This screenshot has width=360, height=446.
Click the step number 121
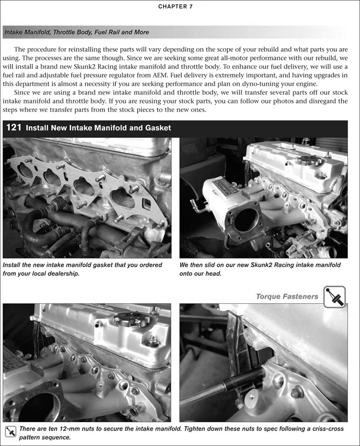click(x=14, y=128)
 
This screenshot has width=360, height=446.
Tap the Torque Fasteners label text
click(x=287, y=296)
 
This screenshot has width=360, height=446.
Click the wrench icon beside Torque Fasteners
click(x=334, y=297)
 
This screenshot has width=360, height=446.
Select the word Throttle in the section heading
click(x=64, y=32)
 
